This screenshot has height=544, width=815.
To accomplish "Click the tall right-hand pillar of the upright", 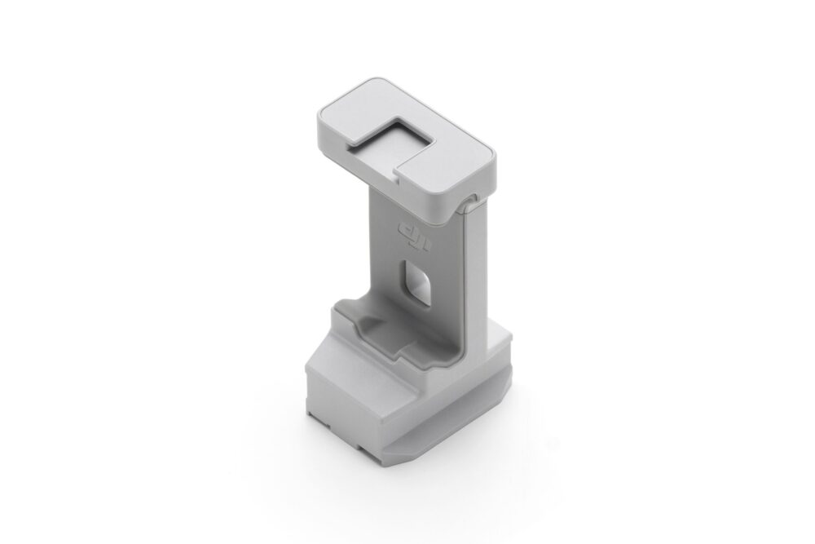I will click(x=476, y=269).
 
